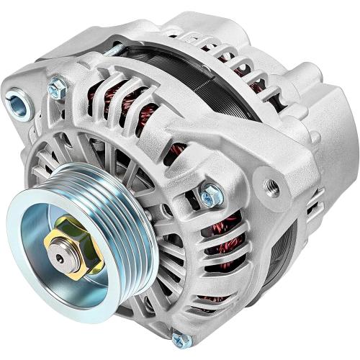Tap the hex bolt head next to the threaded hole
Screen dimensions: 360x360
coord(211,193)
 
